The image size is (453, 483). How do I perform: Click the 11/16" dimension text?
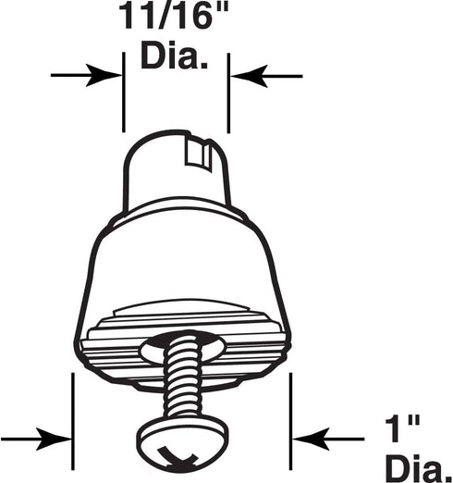(x=174, y=16)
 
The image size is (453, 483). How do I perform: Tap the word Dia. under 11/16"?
(x=174, y=56)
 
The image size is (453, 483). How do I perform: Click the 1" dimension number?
(x=403, y=428)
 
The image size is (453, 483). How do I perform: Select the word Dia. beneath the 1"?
(x=419, y=469)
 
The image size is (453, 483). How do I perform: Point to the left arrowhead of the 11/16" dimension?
(x=104, y=75)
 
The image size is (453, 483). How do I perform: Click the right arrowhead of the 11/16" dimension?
(x=249, y=76)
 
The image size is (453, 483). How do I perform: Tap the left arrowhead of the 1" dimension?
(x=54, y=439)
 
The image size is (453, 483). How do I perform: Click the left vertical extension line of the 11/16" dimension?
(x=124, y=93)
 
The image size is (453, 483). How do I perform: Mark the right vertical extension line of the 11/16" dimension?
(x=228, y=93)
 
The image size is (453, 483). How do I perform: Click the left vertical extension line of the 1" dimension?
(x=73, y=421)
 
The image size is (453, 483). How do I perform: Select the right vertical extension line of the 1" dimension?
(x=291, y=421)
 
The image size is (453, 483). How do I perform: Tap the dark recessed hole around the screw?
(x=182, y=346)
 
